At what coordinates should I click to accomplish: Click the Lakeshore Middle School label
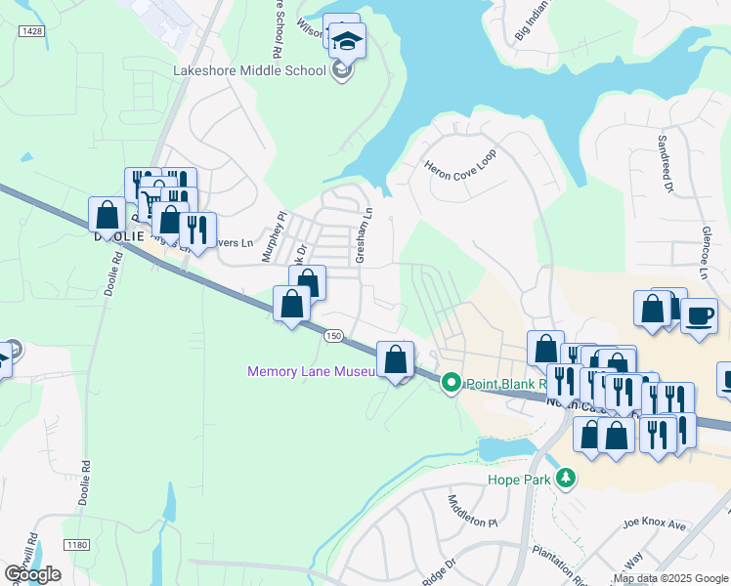(249, 70)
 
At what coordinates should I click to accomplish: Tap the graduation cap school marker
(347, 41)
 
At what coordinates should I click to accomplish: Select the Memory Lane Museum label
(312, 372)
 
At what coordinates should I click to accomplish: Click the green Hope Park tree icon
(565, 479)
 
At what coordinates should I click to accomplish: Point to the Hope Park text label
(519, 480)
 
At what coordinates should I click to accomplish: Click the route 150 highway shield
(334, 335)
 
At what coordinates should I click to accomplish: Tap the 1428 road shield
(31, 31)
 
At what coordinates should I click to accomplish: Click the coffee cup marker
(700, 316)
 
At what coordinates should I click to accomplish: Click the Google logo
(32, 574)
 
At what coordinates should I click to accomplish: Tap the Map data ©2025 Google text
(670, 578)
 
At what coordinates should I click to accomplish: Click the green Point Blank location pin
(451, 382)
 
